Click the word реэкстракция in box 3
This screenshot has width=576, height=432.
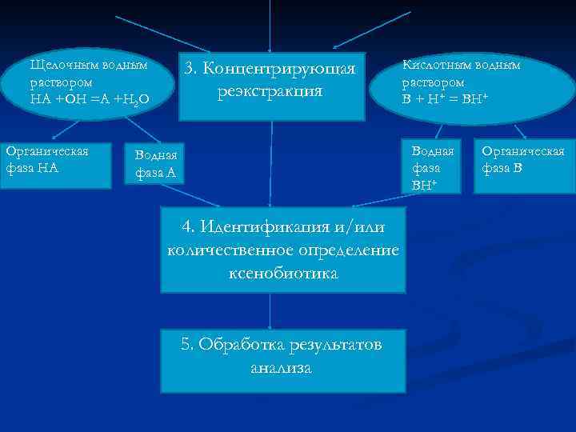click(270, 90)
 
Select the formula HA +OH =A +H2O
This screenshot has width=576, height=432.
click(89, 99)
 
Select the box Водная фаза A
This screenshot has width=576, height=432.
click(156, 164)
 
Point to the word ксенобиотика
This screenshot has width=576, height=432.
click(282, 273)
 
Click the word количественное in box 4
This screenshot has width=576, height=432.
click(223, 250)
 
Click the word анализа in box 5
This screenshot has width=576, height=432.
click(280, 368)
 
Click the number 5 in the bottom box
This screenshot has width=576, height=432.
click(186, 345)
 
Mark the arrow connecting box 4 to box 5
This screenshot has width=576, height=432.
click(270, 310)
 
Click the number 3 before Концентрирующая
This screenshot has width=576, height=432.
click(190, 69)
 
